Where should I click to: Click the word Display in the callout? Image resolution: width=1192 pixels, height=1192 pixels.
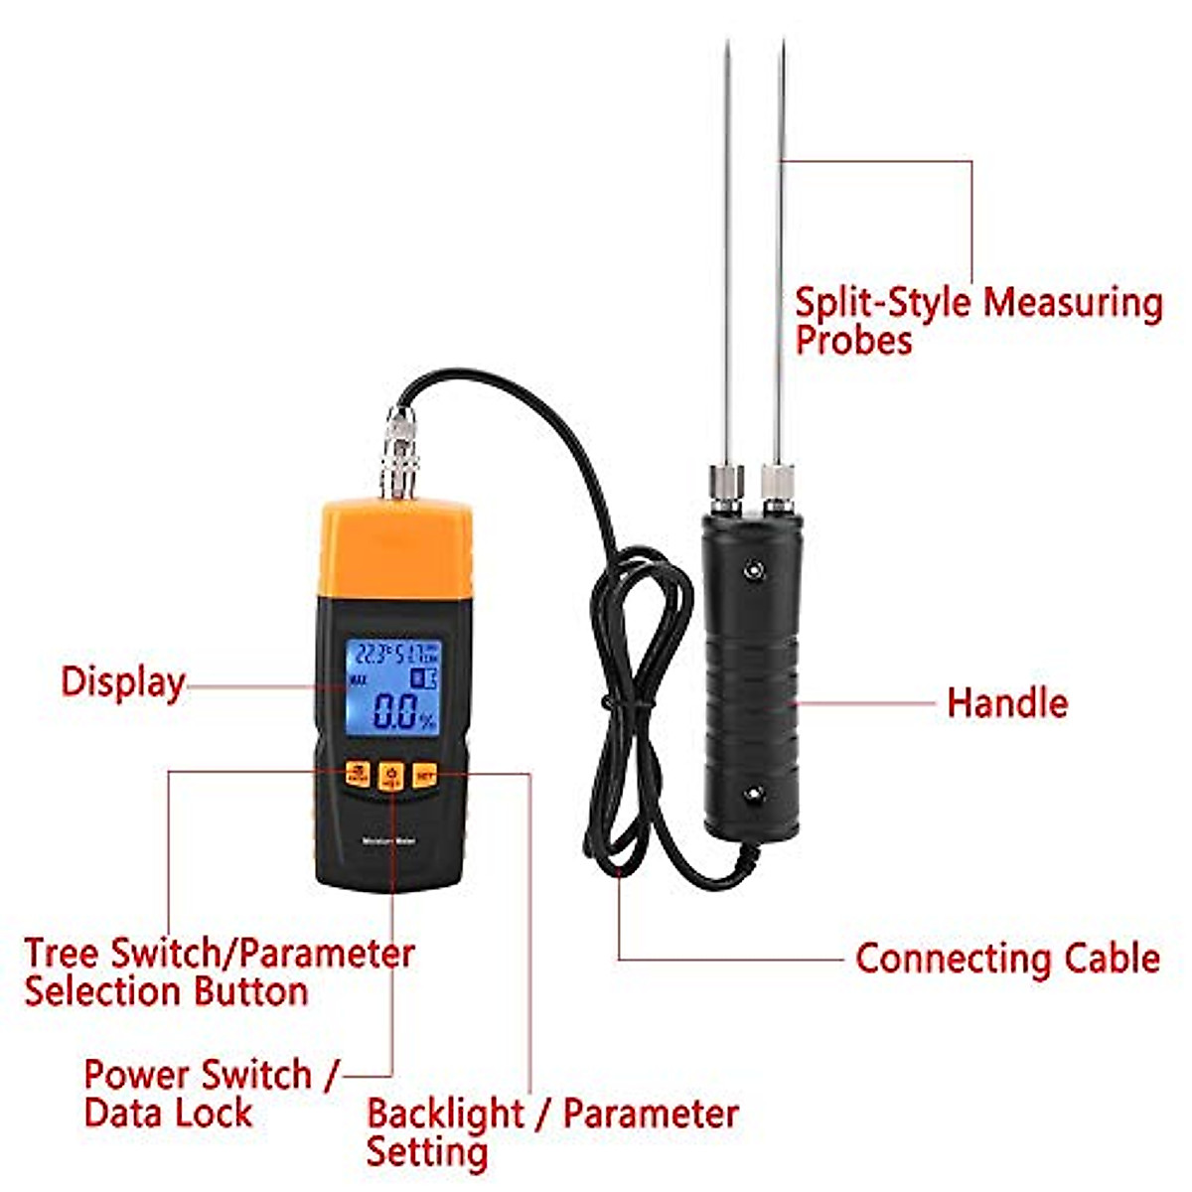122,683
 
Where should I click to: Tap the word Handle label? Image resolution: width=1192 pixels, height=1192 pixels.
1006,703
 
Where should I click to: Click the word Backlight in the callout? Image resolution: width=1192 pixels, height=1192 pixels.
445,1115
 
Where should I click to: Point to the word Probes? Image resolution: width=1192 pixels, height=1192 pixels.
853,340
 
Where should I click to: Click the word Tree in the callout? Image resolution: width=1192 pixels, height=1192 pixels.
63,954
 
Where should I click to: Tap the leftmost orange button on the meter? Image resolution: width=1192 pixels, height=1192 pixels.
358,774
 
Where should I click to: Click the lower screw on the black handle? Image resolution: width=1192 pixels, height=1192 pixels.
754,792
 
